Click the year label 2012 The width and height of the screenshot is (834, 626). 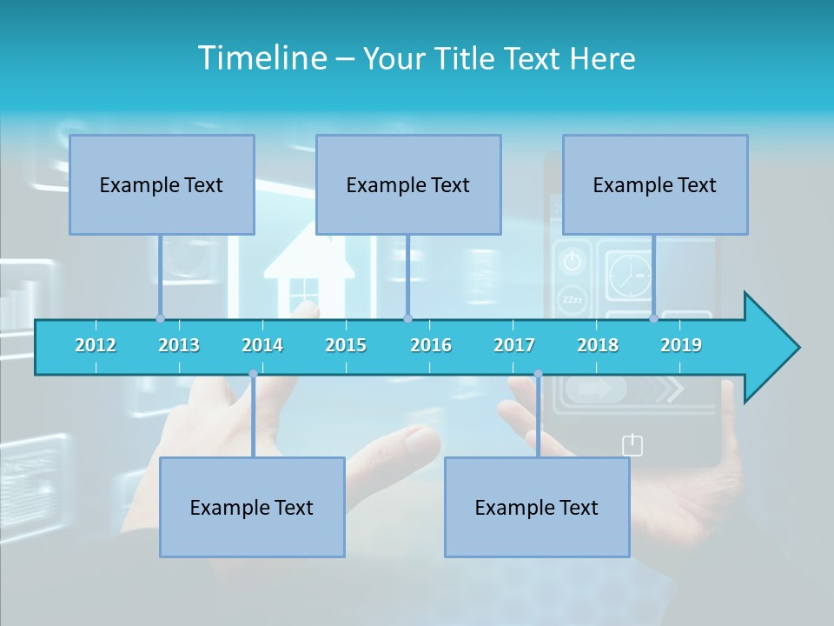coord(96,345)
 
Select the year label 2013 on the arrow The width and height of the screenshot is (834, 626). coord(179,345)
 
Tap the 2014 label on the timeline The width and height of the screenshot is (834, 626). coord(262,345)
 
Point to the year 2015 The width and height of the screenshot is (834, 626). coord(346,345)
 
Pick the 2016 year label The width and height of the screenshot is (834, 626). coord(431,345)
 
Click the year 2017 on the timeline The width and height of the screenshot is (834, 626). coord(514,345)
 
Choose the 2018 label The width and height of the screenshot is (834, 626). coord(598,345)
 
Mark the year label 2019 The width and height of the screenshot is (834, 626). coord(681,345)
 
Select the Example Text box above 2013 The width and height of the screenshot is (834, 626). coord(162,184)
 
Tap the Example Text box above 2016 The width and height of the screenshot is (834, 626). coord(408,184)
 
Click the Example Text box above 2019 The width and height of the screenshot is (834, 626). coord(655,184)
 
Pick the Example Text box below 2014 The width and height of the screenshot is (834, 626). coord(252,507)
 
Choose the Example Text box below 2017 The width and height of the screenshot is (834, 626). coord(537,507)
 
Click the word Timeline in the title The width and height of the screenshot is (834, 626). coord(260,58)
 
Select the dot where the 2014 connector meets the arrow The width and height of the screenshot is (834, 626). coord(253,374)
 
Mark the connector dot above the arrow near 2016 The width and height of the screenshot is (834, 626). coord(407,318)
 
